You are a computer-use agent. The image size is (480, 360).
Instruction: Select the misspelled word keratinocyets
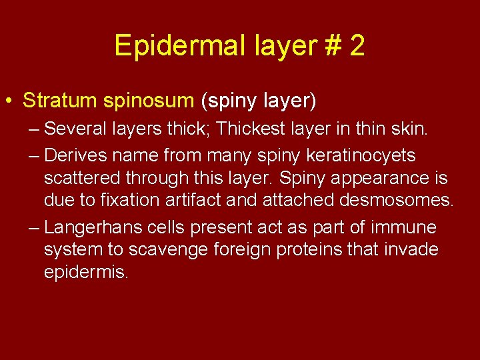353,156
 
